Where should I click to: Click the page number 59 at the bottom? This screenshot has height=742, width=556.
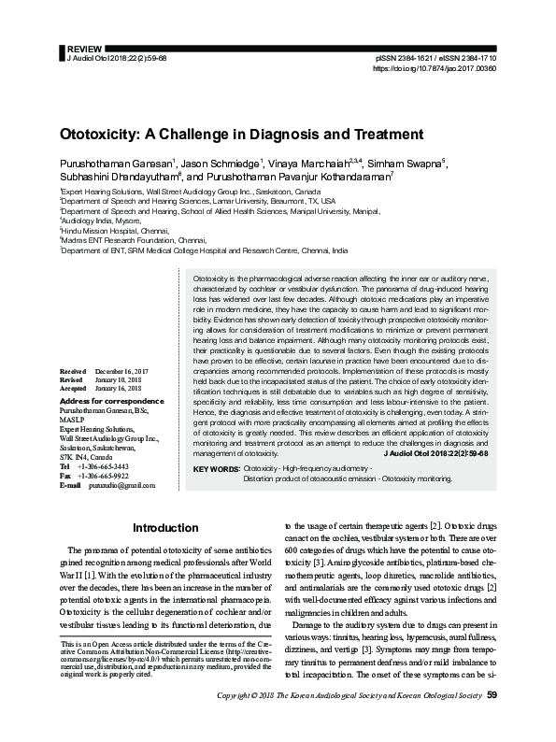(x=492, y=721)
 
